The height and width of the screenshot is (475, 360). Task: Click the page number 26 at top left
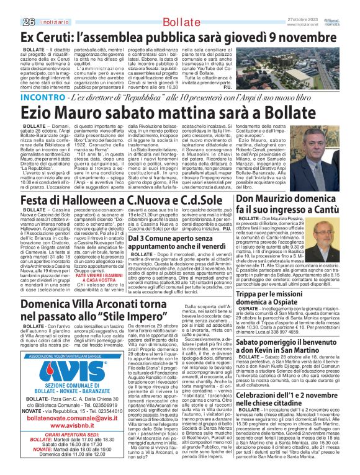coord(10,6)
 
